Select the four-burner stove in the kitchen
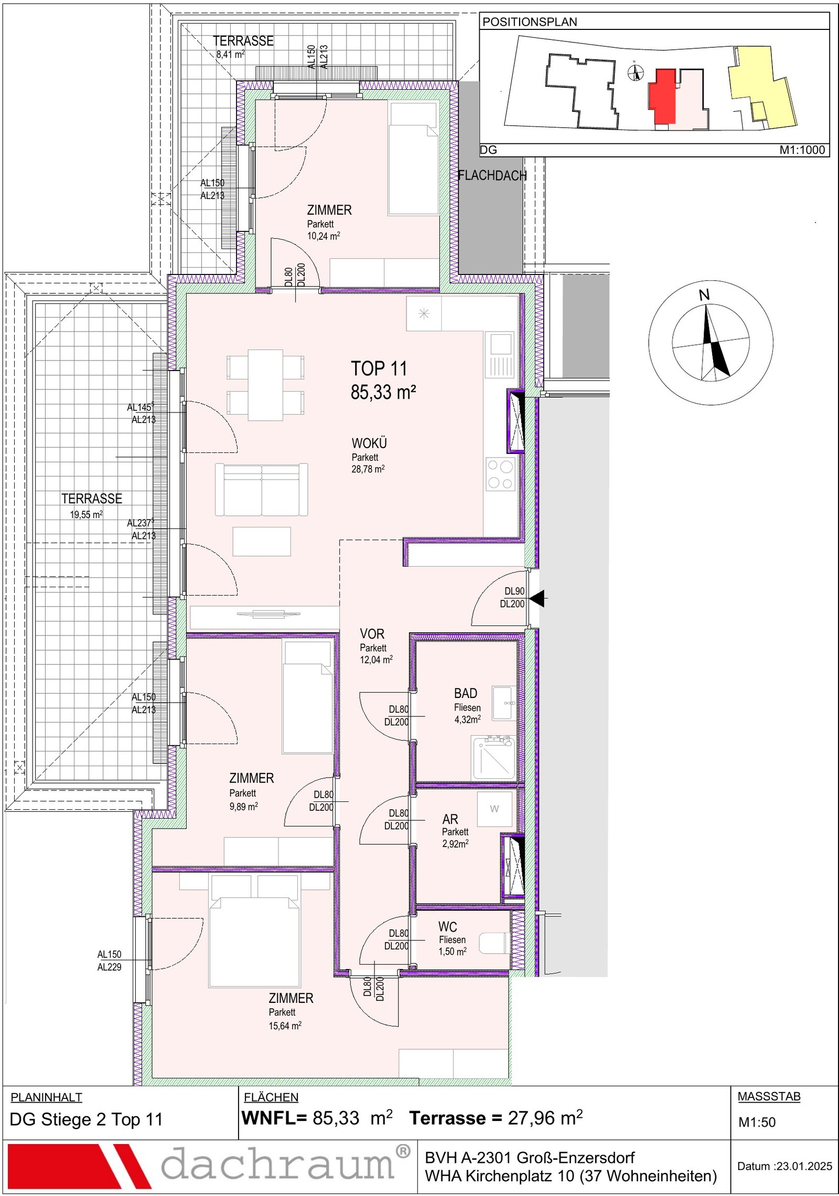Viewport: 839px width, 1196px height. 500,474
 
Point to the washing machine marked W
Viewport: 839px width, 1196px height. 494,809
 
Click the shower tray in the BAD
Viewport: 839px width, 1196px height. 493,757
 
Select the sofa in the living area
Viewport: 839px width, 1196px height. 261,489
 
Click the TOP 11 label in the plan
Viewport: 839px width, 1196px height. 379,368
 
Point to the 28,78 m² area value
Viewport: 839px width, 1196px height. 368,469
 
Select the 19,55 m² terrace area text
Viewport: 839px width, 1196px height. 86,515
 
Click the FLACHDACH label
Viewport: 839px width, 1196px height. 492,176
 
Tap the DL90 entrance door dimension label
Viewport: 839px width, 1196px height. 514,591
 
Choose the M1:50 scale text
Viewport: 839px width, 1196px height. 757,1122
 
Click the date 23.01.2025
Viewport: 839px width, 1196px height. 804,1166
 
